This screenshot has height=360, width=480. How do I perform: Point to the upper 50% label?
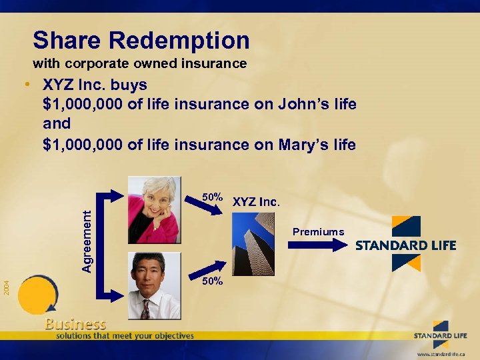pos(213,197)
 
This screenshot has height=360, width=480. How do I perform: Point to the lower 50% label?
pos(213,281)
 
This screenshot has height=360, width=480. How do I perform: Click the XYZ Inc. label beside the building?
pos(257,201)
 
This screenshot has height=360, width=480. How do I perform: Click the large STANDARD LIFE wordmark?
pos(405,245)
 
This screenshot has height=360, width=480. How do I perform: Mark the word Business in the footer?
pos(75,324)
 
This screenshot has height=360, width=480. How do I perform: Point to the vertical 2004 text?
pos(5,288)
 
